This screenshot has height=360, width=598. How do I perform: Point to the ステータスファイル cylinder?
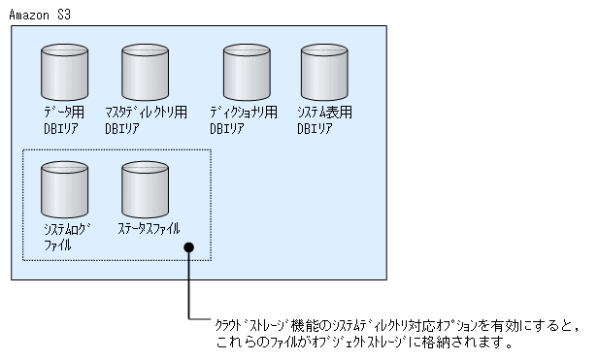pyautogui.click(x=146, y=189)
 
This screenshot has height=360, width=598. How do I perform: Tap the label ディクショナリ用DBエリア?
pyautogui.click(x=245, y=119)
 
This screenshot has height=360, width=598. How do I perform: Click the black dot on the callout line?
pyautogui.click(x=189, y=250)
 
